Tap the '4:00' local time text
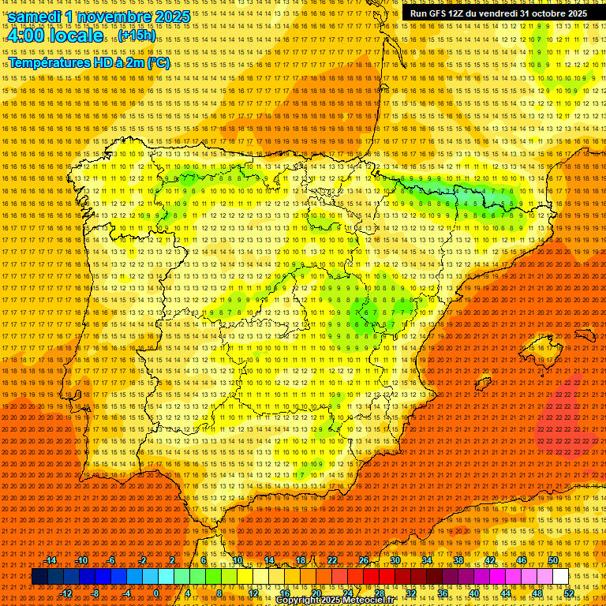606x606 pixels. pyautogui.click(x=23, y=36)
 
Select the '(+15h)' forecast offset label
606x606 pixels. pyautogui.click(x=137, y=36)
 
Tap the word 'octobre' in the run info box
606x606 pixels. pyautogui.click(x=544, y=13)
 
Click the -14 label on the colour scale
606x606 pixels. pyautogui.click(x=50, y=560)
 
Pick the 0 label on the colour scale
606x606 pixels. pyautogui.click(x=157, y=593)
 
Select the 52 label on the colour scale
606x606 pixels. pyautogui.click(x=569, y=593)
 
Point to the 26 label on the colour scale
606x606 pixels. pyautogui.click(x=363, y=560)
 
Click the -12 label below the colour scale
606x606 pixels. pyautogui.click(x=66, y=593)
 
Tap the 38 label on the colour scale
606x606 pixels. pyautogui.click(x=458, y=560)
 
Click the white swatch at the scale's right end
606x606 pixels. pyautogui.click(x=561, y=577)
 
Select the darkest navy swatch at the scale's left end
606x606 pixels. pyautogui.click(x=39, y=577)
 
